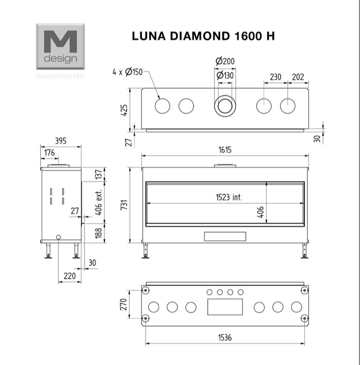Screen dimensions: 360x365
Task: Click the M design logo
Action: (x=61, y=46)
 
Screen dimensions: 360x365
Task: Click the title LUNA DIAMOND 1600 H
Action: (x=203, y=36)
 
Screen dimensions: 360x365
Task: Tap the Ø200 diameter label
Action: (x=225, y=61)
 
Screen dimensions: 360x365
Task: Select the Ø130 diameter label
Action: (x=225, y=75)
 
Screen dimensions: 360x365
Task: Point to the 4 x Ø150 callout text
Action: (x=127, y=72)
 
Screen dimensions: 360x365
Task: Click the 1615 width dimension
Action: (x=225, y=150)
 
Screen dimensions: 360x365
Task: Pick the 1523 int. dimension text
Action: (x=229, y=197)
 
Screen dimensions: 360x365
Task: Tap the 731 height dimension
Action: (x=124, y=204)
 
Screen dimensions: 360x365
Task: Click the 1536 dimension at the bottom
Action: (x=225, y=337)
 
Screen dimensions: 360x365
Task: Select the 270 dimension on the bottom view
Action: (x=123, y=304)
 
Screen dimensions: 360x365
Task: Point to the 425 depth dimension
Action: (x=124, y=110)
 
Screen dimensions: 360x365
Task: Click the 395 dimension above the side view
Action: (x=61, y=141)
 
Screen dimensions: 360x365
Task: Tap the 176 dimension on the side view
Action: (x=50, y=153)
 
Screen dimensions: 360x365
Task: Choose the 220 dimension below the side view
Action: (x=69, y=276)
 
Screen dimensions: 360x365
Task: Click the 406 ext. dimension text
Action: (x=99, y=202)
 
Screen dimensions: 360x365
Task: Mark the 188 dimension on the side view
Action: (x=99, y=233)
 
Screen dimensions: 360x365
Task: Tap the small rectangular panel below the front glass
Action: (x=225, y=236)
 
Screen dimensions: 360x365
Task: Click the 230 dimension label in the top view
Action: (x=275, y=77)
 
